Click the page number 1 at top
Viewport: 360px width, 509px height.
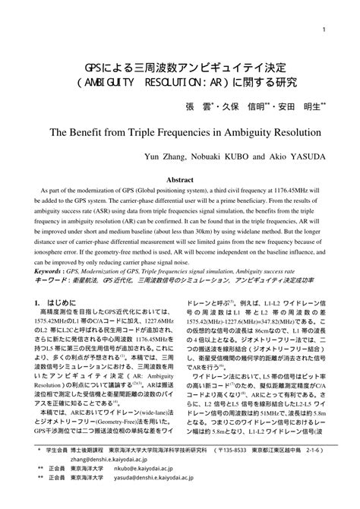click(x=324, y=30)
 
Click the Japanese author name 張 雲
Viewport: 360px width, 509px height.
click(x=199, y=106)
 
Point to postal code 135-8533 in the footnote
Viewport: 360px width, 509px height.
click(x=220, y=472)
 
